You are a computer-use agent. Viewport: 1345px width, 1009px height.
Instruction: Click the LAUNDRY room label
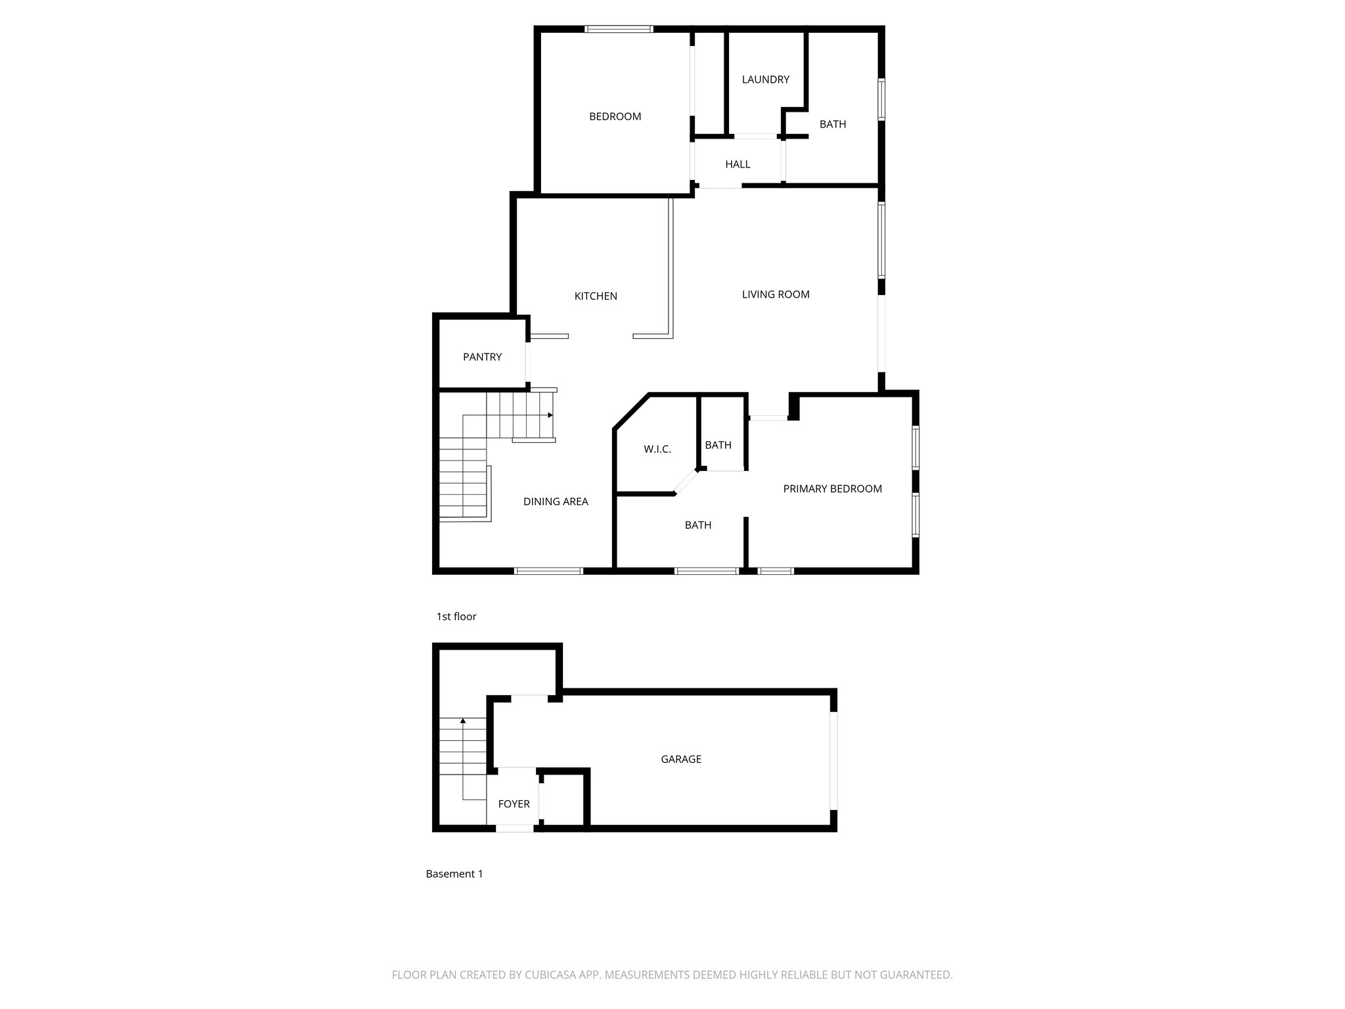765,79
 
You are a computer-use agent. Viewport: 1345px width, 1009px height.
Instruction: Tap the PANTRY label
482,357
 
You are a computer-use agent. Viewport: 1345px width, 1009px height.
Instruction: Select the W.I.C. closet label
657,449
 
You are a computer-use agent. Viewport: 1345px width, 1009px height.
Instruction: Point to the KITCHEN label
596,296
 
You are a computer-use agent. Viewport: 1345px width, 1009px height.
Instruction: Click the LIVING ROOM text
776,294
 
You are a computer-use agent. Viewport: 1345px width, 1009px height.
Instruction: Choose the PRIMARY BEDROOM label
832,489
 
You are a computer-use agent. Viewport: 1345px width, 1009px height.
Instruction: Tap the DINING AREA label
556,501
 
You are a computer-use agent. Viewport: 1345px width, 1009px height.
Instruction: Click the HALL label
738,164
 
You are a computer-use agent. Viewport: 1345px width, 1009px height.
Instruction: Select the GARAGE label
681,759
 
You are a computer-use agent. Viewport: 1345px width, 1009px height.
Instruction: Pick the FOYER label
514,803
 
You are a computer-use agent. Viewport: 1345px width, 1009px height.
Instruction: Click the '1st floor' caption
456,616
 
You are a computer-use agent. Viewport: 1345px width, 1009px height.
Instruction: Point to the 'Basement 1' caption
454,874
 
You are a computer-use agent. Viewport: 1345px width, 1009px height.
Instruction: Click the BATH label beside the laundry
833,124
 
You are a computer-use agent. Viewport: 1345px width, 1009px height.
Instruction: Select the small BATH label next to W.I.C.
718,445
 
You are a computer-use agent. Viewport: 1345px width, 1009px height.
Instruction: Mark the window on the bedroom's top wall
619,29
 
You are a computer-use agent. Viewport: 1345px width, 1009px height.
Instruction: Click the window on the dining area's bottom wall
548,571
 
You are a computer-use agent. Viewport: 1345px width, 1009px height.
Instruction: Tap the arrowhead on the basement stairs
463,721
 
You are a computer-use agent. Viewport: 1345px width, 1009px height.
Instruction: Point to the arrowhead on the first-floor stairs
550,415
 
